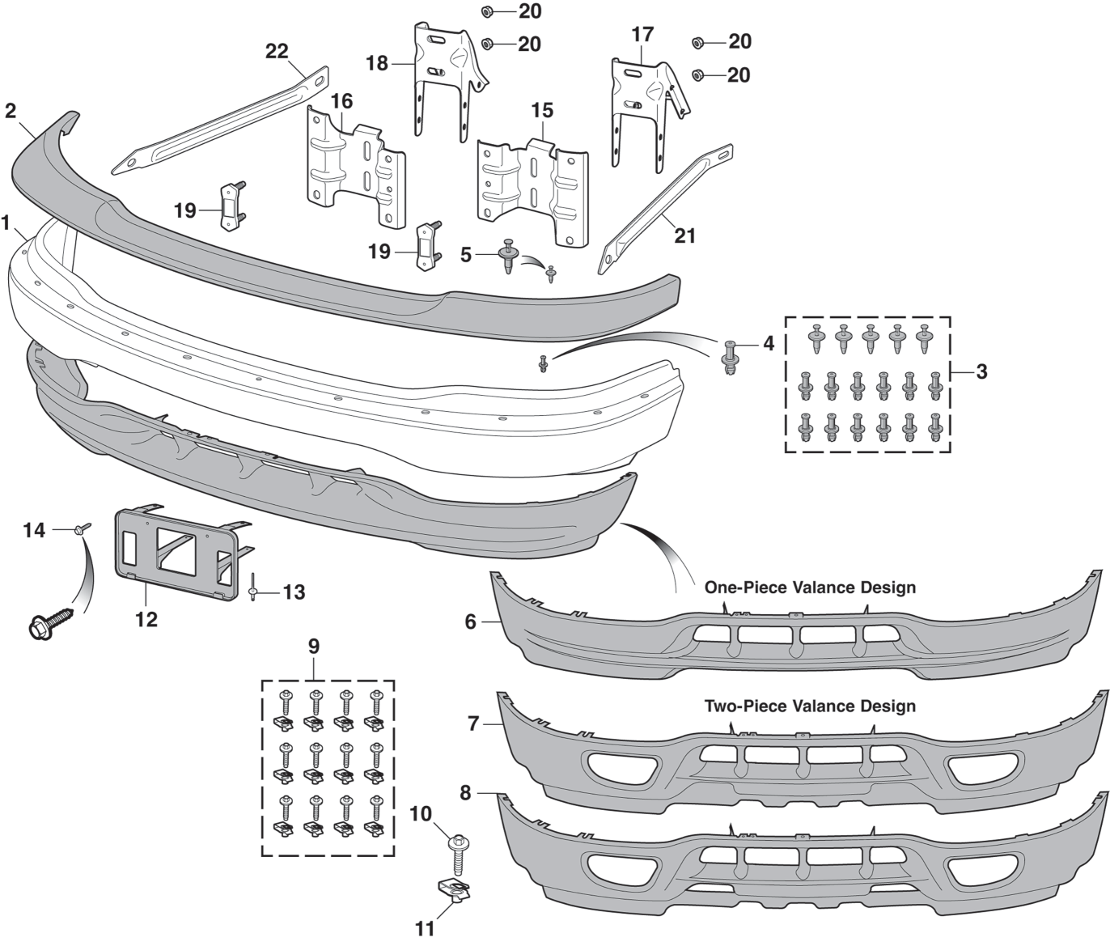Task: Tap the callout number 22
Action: click(x=277, y=52)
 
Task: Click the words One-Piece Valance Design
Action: click(x=810, y=588)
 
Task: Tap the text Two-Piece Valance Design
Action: click(x=810, y=706)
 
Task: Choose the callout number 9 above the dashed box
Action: click(x=313, y=647)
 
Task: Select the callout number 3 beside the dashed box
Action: click(x=981, y=372)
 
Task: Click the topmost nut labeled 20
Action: click(x=488, y=11)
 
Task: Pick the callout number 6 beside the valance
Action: click(x=470, y=621)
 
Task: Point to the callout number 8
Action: click(x=465, y=793)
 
